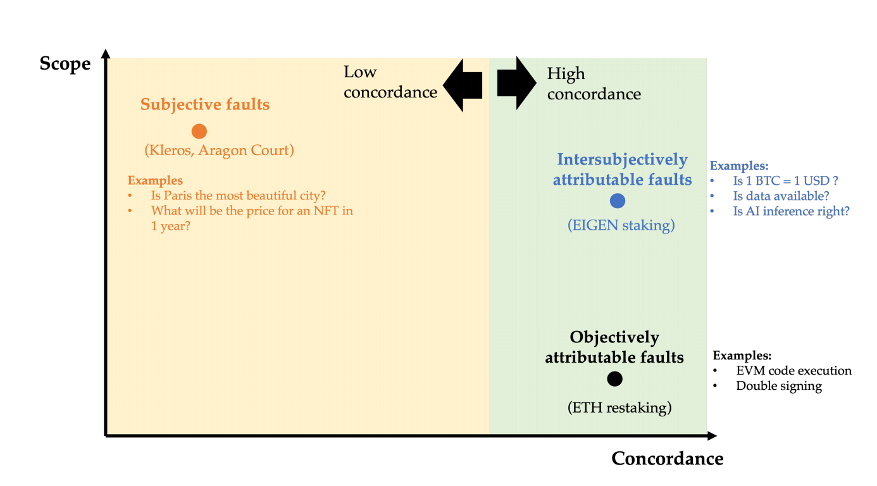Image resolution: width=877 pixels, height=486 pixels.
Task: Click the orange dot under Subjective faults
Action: click(199, 131)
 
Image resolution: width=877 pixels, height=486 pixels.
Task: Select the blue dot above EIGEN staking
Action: click(618, 201)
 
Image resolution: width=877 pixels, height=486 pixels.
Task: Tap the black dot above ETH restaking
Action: click(614, 378)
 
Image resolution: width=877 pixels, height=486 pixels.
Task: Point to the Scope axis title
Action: click(65, 63)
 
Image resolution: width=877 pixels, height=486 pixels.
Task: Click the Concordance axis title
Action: click(667, 458)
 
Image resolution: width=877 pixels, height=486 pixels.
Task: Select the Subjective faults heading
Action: click(205, 104)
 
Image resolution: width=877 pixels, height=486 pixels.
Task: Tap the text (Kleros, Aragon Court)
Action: click(220, 151)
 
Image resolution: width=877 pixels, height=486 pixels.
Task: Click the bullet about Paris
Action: click(239, 196)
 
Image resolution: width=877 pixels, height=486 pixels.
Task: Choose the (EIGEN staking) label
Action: click(620, 225)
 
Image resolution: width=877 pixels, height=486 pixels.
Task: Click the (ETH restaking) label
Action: click(619, 408)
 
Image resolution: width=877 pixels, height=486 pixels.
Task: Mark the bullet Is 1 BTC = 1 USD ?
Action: click(786, 181)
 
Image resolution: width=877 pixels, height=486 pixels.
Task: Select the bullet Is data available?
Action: click(781, 196)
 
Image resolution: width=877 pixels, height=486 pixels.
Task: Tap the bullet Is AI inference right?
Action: click(791, 211)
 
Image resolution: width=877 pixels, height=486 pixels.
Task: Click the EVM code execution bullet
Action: click(793, 371)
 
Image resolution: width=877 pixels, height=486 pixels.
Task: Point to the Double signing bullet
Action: click(778, 386)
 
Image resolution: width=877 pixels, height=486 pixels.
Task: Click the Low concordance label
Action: click(390, 82)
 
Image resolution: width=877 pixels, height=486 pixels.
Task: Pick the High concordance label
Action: click(594, 84)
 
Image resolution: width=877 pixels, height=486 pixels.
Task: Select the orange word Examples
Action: click(155, 181)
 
